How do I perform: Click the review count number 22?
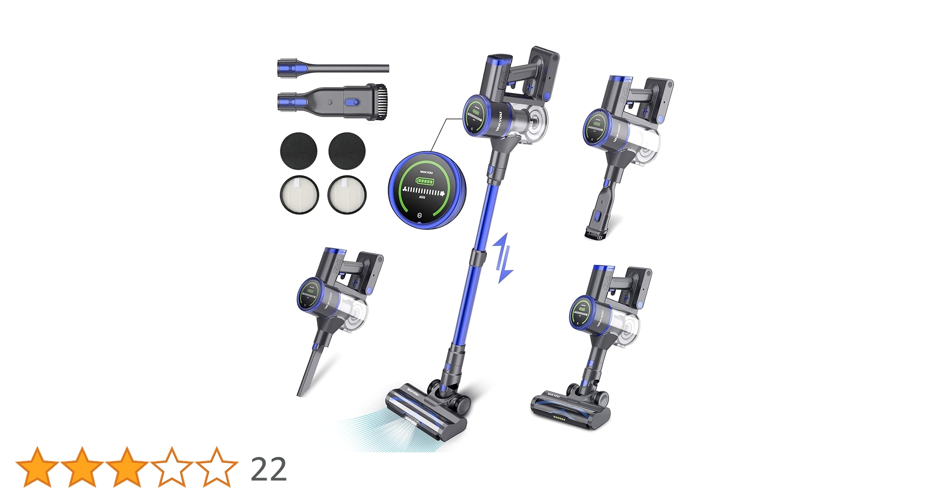click(269, 469)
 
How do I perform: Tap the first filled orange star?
click(37, 467)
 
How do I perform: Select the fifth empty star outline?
click(216, 467)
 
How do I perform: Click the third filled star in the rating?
click(127, 467)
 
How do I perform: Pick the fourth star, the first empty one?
click(171, 467)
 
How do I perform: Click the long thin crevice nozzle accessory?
click(333, 68)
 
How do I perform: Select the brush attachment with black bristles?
click(333, 101)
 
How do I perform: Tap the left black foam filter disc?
click(299, 150)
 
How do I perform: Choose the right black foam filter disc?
click(347, 150)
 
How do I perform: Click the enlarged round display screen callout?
click(427, 190)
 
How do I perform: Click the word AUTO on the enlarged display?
click(422, 197)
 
